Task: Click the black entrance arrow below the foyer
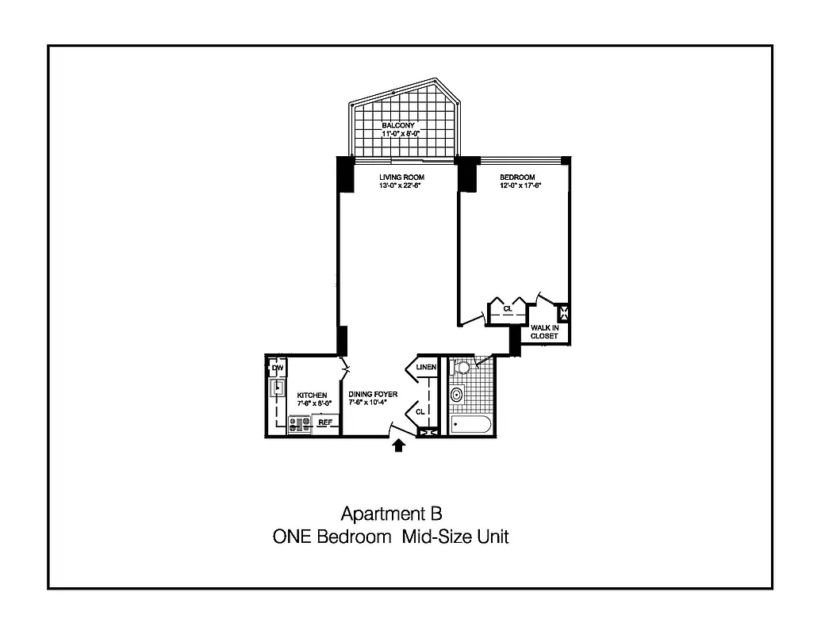tap(399, 446)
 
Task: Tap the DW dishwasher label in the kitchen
tap(278, 369)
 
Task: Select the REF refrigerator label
tap(324, 422)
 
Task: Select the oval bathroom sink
tap(457, 395)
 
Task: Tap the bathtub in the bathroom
tap(472, 424)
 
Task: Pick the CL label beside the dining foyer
tap(421, 411)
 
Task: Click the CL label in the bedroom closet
tap(507, 308)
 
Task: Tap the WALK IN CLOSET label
tap(544, 332)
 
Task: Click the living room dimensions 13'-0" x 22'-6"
tap(401, 186)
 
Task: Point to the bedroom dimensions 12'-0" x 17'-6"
tap(516, 186)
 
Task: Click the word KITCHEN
tap(312, 395)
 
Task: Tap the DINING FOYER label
tap(373, 394)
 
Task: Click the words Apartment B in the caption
tap(386, 513)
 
